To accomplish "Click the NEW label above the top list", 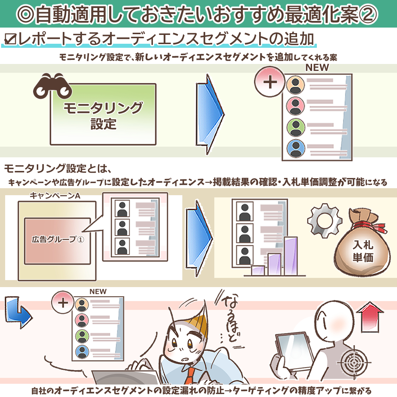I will (x=317, y=68).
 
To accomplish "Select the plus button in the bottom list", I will (x=63, y=303).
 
